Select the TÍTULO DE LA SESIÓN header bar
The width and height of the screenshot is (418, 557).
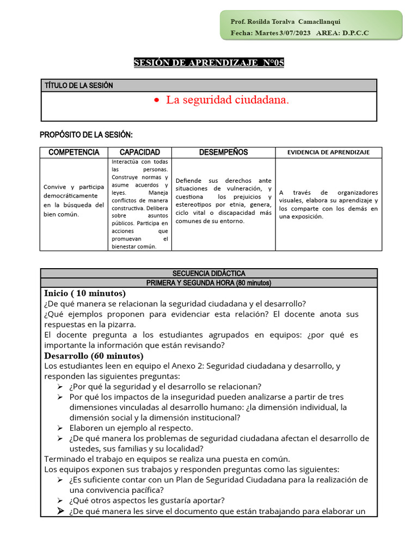[209, 85]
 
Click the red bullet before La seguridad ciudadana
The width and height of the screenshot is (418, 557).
[157, 101]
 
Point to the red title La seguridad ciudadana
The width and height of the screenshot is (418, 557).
[228, 100]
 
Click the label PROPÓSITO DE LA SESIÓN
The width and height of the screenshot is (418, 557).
[86, 135]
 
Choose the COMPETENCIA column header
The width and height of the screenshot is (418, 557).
[73, 152]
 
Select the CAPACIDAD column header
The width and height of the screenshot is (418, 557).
[139, 152]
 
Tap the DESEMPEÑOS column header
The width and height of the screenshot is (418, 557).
[223, 152]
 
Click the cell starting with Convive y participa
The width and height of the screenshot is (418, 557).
[73, 200]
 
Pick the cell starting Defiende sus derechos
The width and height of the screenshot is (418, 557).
[223, 201]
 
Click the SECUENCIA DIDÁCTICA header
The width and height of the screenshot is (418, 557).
[209, 273]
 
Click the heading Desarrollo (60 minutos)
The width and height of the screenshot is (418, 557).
[94, 356]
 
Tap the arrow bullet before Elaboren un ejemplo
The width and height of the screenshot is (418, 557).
[60, 428]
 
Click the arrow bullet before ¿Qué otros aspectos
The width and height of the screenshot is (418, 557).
[60, 500]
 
